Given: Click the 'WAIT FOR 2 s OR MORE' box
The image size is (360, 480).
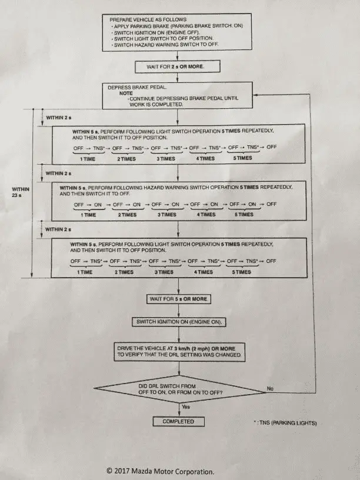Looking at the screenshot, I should tap(178, 66).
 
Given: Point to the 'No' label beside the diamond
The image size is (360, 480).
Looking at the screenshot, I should tap(271, 389).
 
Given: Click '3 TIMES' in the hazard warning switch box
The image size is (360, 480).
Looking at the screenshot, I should tap(164, 215).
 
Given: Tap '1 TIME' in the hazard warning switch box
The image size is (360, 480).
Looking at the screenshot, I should tap(88, 215).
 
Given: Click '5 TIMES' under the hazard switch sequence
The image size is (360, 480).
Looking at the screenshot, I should tap(244, 215).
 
